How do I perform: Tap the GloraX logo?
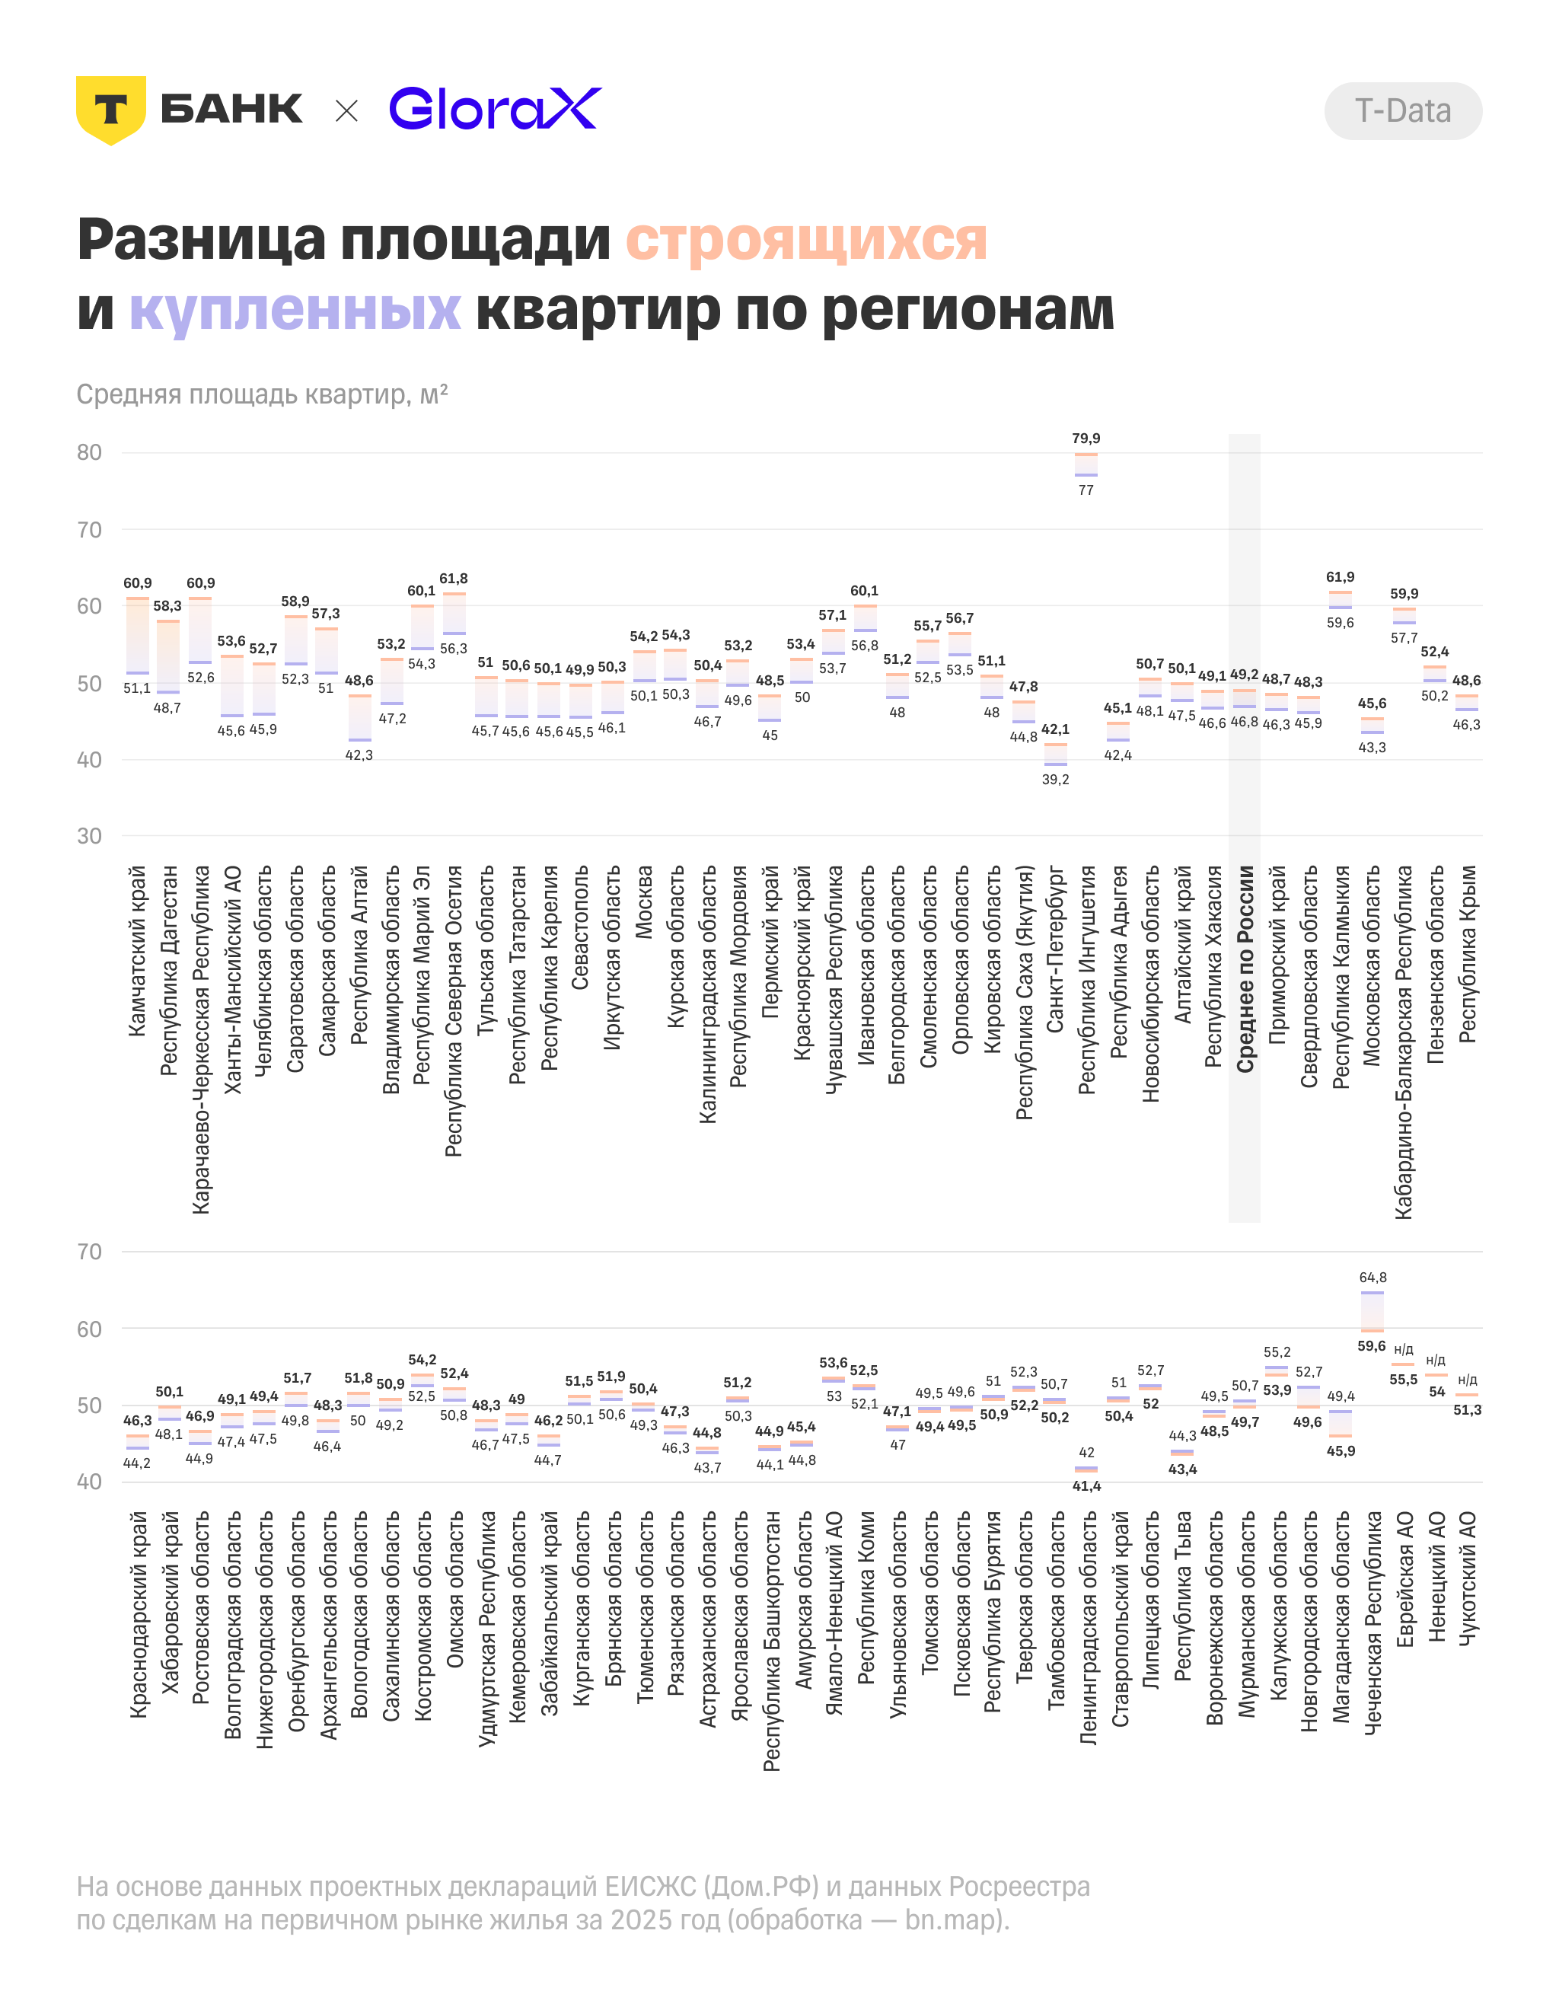click(x=495, y=108)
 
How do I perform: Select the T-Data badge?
click(x=1402, y=111)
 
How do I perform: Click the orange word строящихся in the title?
click(x=805, y=240)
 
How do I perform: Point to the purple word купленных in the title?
click(x=295, y=309)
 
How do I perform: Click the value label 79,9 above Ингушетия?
click(x=1086, y=439)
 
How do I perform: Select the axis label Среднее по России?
click(x=1245, y=968)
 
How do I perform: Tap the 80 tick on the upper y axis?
click(x=89, y=452)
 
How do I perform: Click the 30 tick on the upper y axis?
click(x=89, y=836)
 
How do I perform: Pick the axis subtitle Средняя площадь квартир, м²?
click(x=262, y=394)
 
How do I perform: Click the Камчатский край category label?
click(x=137, y=951)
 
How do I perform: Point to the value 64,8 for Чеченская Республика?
click(x=1372, y=1278)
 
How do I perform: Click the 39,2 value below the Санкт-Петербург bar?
click(x=1056, y=780)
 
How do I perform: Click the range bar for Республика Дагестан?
click(x=168, y=656)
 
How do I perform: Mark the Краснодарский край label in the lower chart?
click(x=138, y=1615)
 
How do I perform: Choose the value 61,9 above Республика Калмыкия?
click(x=1341, y=577)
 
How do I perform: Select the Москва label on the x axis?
click(x=644, y=901)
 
